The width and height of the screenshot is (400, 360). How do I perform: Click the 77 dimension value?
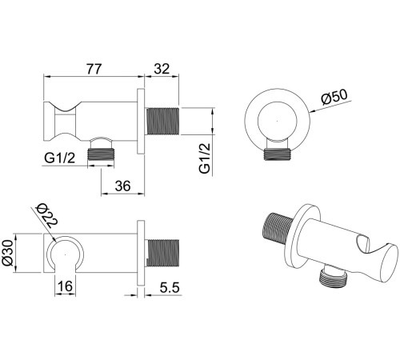click(94, 69)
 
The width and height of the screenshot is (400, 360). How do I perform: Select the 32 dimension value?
click(162, 69)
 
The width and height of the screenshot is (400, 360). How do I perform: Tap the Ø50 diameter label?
click(334, 97)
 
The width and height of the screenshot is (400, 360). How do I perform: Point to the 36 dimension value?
click(122, 186)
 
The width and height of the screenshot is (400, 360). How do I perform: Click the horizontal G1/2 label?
click(60, 158)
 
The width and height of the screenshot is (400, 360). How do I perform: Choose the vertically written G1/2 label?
click(205, 158)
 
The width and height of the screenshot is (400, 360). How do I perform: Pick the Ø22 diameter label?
click(47, 215)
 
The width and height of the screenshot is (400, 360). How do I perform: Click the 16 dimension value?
click(65, 286)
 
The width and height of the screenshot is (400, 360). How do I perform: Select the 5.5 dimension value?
click(170, 288)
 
